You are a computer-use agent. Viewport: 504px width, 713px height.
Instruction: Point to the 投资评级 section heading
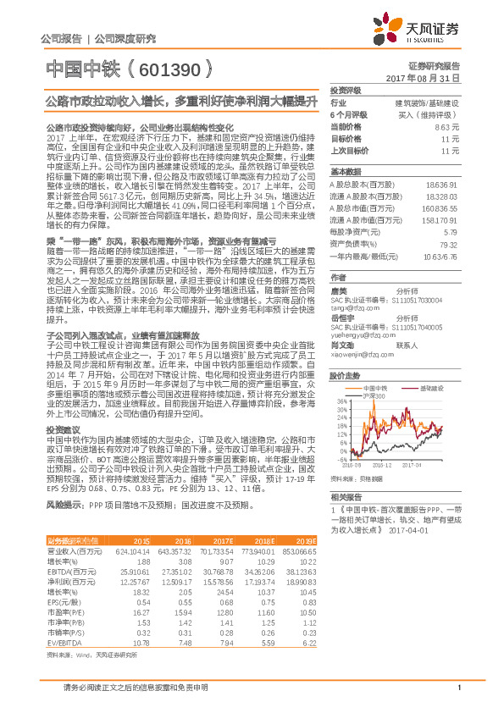(x=345, y=90)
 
